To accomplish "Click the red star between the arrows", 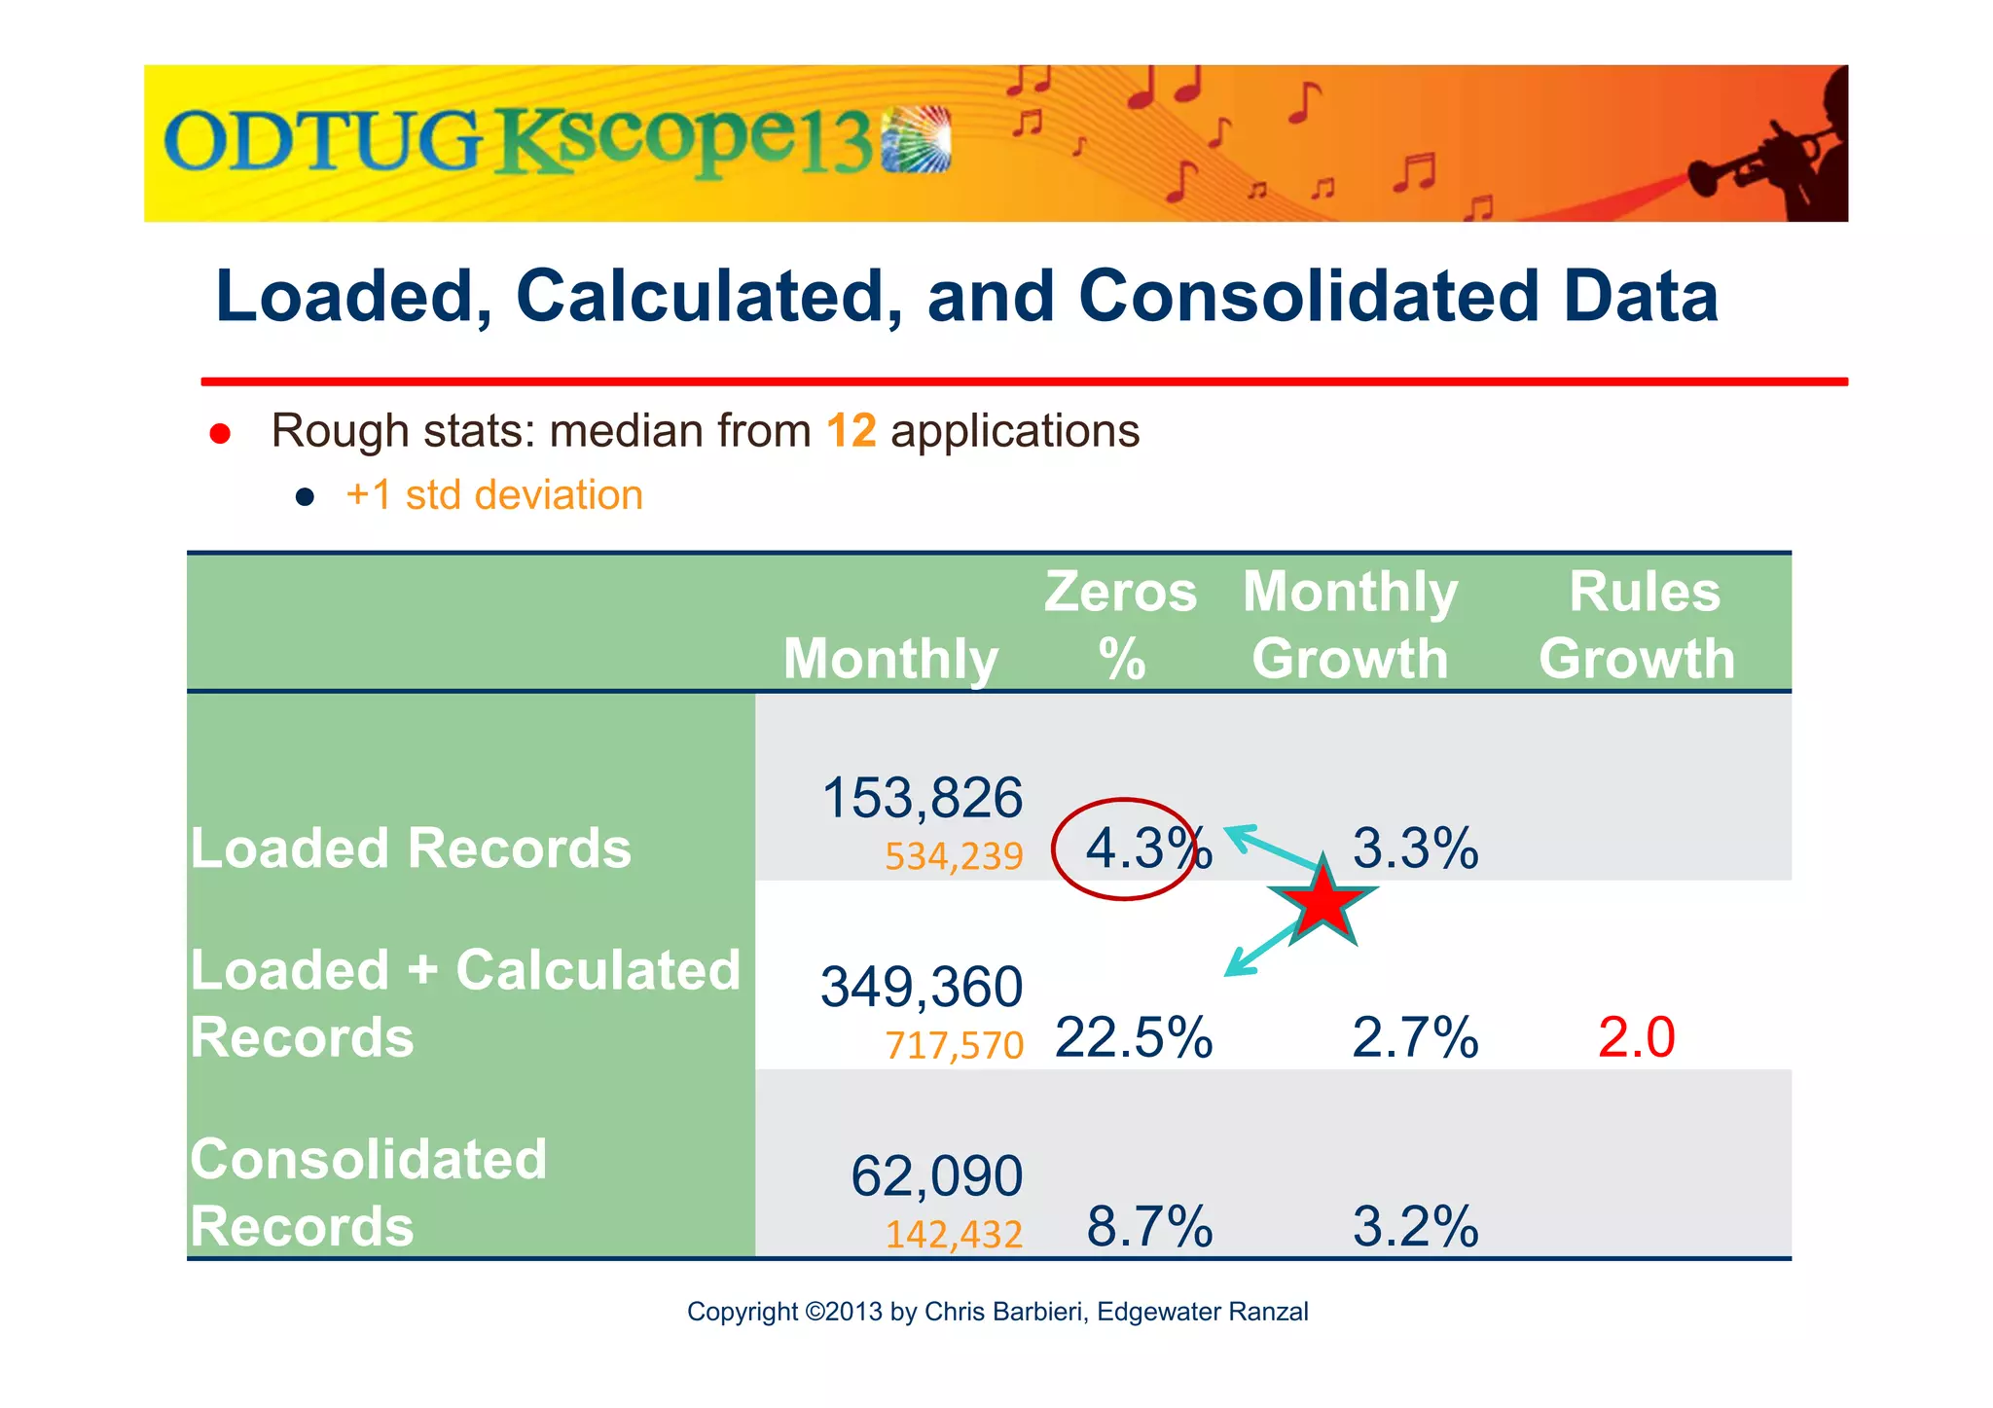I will (1323, 904).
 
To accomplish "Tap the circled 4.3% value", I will (1139, 848).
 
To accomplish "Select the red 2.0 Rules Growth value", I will (1636, 1037).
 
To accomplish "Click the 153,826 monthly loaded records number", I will (922, 798).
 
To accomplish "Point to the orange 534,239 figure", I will (953, 857).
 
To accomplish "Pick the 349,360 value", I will (922, 987).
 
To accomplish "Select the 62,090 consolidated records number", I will (936, 1175).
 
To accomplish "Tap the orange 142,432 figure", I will (954, 1235).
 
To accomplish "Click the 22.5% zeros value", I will (1134, 1037).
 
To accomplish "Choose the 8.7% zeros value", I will (1149, 1226).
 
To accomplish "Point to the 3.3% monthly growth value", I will (1415, 848).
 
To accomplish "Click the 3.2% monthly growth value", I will (1415, 1226).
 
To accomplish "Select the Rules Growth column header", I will (1639, 625).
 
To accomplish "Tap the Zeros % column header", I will (1121, 625).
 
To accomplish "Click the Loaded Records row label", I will (411, 848).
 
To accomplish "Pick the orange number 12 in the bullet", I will (851, 431).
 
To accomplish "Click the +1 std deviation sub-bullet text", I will (494, 495).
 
